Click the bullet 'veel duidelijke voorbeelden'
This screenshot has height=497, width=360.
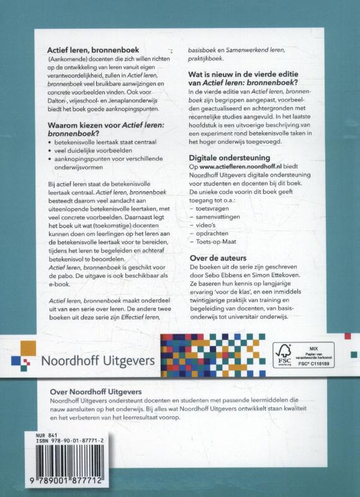pos(101,150)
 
